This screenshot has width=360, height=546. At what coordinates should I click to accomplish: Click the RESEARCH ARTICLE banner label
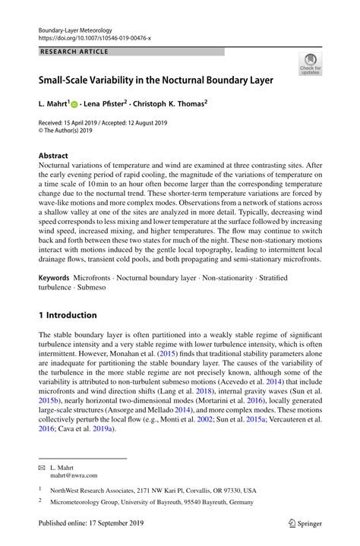point(74,52)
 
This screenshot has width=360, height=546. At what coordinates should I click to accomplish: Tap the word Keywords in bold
point(54,279)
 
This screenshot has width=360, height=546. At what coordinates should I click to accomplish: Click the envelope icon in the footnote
point(43,469)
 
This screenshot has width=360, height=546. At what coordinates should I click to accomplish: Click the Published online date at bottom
point(90,523)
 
